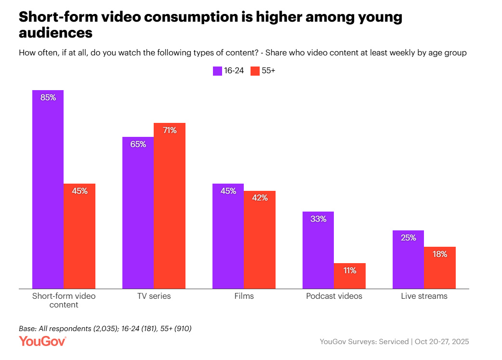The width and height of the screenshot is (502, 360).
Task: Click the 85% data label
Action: (48, 97)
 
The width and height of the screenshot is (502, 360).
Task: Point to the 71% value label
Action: (169, 130)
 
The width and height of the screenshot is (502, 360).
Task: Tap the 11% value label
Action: (349, 270)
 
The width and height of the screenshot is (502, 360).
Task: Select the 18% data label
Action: (439, 254)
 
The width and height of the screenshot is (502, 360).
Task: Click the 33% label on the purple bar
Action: (318, 219)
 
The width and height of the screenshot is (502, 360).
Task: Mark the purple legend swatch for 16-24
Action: (217, 71)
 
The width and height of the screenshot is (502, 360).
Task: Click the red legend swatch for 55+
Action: (255, 71)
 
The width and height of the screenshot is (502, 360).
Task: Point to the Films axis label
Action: (244, 296)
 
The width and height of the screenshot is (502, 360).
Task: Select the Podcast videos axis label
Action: (334, 296)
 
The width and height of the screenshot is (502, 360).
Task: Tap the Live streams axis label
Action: (424, 296)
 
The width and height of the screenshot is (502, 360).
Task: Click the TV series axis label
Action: (154, 296)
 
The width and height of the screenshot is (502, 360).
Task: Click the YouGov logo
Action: (42, 341)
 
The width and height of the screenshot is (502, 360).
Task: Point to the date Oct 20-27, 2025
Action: (441, 342)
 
